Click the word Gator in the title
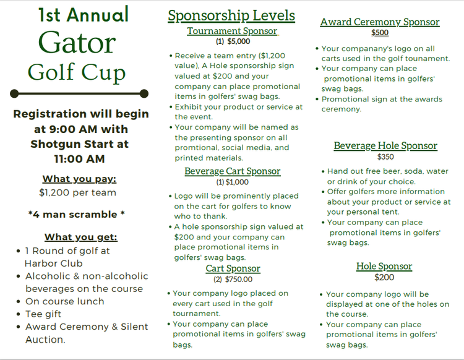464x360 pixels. click(x=77, y=43)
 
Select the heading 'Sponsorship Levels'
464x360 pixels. click(x=231, y=16)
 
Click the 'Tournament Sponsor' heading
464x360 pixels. click(x=232, y=31)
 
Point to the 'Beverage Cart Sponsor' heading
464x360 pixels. click(x=232, y=171)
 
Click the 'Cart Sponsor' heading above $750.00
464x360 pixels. click(x=233, y=268)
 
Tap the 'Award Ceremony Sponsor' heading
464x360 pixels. click(x=380, y=22)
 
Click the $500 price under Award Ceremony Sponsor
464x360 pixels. click(x=380, y=33)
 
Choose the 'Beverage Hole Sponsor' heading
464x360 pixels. click(x=385, y=146)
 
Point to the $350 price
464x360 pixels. click(x=385, y=156)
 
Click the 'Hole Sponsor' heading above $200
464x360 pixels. click(x=384, y=267)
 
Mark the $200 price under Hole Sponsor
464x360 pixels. click(x=384, y=277)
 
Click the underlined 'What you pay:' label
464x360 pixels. click(x=79, y=179)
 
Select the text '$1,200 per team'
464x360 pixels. click(x=77, y=192)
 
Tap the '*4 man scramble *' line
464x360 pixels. click(x=77, y=214)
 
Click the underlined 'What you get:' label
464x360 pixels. click(x=80, y=237)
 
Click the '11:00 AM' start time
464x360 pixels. click(x=79, y=159)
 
